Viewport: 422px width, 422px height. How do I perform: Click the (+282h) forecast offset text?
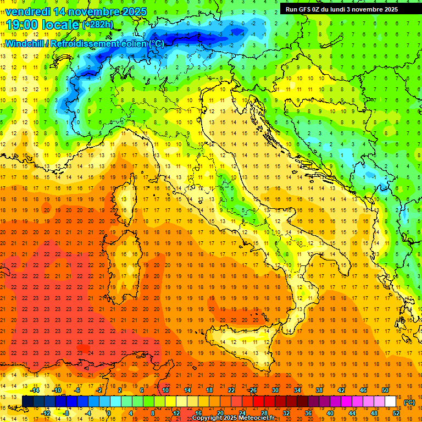(98, 25)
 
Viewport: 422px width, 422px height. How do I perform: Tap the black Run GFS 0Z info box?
(349, 9)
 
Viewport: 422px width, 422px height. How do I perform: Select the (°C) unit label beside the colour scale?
(409, 402)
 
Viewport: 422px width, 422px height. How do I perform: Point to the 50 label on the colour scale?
(385, 390)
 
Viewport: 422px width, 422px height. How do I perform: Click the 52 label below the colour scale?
(396, 413)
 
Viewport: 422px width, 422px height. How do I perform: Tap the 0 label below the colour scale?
(109, 413)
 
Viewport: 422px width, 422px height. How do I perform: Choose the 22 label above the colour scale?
(231, 390)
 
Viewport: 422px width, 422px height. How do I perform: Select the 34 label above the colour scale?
(297, 390)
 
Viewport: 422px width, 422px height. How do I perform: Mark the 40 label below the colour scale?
(330, 413)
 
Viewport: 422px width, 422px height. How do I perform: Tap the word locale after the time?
(62, 25)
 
